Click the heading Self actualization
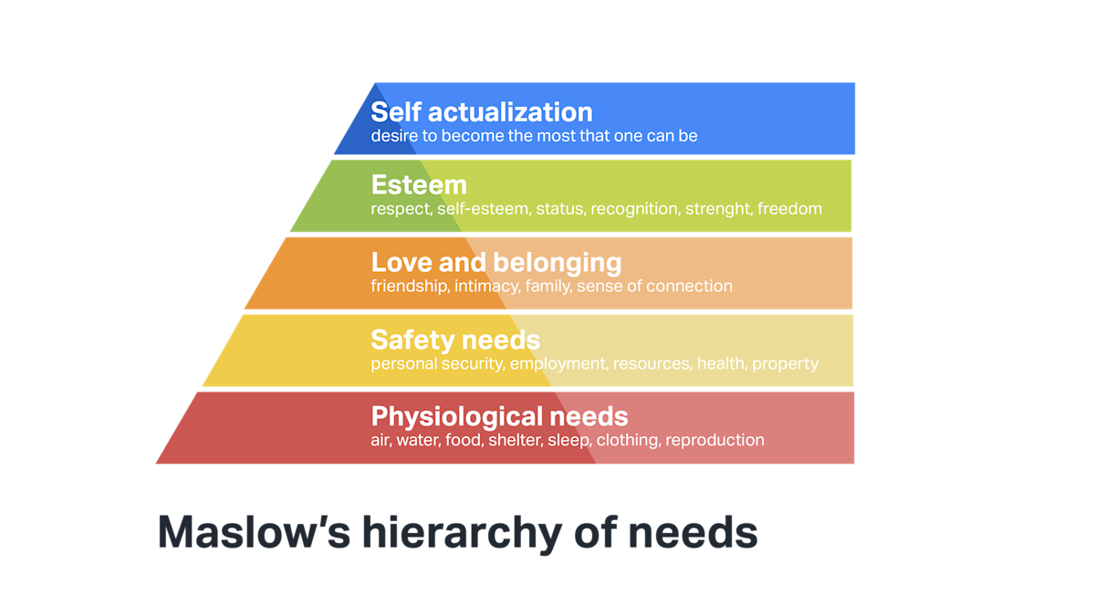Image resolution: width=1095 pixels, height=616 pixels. tap(481, 112)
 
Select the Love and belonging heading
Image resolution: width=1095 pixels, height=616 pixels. tap(495, 263)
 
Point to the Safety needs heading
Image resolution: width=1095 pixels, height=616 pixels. tap(454, 340)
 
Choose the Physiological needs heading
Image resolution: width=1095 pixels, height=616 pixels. tap(499, 417)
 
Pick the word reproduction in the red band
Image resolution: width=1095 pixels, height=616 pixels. tap(714, 441)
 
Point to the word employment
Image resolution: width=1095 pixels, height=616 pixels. tap(557, 364)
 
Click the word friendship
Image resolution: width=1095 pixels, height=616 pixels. tap(408, 287)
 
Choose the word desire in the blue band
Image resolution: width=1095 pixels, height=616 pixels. tap(392, 136)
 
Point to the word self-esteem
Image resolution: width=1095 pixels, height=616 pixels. tap(482, 209)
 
